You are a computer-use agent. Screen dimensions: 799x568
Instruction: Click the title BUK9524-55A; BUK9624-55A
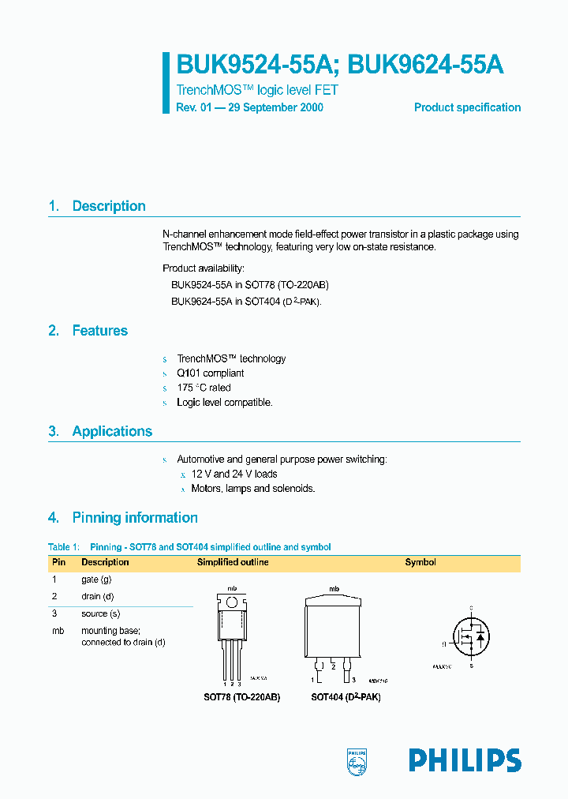point(340,66)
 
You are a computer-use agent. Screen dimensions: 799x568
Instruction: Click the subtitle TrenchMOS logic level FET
point(257,91)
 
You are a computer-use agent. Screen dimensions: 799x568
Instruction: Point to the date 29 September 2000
point(275,107)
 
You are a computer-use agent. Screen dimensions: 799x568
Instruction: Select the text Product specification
point(467,107)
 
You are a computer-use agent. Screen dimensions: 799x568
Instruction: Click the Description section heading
point(109,206)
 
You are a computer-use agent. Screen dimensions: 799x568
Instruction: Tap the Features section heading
point(99,331)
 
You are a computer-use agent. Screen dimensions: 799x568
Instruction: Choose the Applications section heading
point(112,431)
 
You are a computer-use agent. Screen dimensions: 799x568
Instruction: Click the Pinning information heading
point(135,518)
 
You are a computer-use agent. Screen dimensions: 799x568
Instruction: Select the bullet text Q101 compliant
point(211,373)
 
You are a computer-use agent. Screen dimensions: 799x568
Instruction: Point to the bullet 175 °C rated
point(204,388)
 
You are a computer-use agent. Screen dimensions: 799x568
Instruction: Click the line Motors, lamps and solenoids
point(253,489)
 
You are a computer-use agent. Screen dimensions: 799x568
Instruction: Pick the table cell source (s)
point(100,613)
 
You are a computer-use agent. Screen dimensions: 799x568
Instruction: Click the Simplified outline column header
point(233,562)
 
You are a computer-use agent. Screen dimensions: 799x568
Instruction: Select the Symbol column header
point(420,562)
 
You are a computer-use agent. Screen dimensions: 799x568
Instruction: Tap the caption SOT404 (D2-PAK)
point(346,697)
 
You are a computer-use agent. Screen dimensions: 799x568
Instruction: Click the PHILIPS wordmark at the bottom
point(465,760)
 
